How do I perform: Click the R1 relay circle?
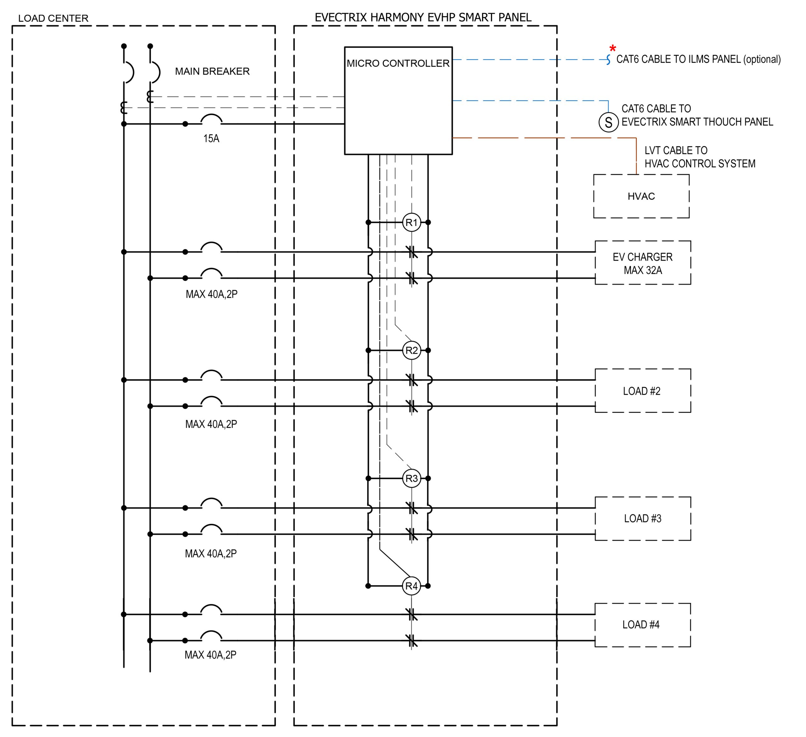[412, 222]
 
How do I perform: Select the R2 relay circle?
[412, 351]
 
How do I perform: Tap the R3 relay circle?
[412, 478]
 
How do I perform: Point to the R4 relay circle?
[412, 586]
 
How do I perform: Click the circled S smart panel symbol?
[609, 122]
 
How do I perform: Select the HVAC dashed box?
[641, 196]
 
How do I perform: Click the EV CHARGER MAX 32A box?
[643, 263]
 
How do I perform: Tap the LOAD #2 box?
[643, 391]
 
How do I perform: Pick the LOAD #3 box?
[643, 519]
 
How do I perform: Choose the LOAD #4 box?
[643, 625]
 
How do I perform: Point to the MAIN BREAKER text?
[212, 71]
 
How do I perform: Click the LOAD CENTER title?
[53, 18]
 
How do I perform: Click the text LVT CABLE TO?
[676, 151]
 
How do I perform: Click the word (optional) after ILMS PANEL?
[762, 59]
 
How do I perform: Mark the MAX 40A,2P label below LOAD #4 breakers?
[210, 655]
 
